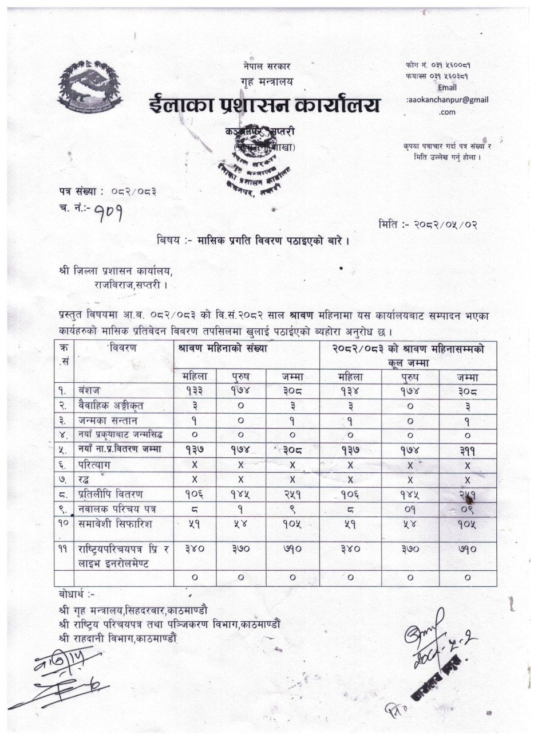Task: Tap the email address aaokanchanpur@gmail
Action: point(448,100)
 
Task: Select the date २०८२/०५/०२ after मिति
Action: point(447,224)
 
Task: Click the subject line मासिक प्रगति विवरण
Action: point(254,240)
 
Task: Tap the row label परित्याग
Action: point(96,465)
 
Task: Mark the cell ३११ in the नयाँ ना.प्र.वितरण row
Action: point(467,450)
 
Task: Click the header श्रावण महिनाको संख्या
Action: point(223,348)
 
